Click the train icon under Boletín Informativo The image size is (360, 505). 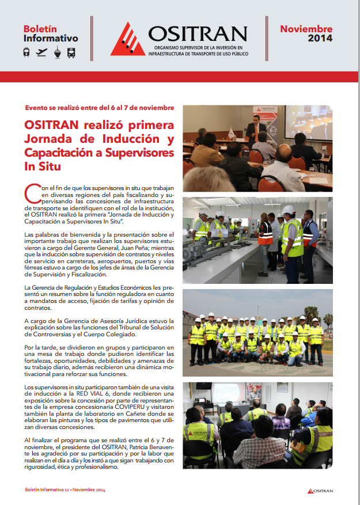tap(26, 52)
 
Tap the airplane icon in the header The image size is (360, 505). tap(41, 52)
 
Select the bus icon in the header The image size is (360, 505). tap(71, 52)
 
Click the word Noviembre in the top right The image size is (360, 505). tap(306, 29)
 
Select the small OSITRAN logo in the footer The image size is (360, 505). tap(320, 491)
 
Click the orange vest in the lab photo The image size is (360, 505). tap(266, 233)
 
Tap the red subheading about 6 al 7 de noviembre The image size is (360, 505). tap(100, 108)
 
